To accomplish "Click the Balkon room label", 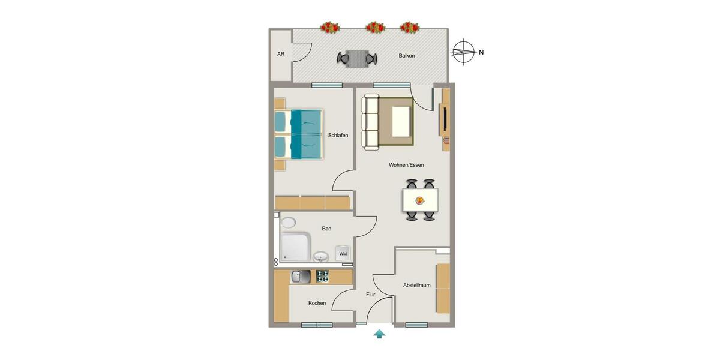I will (x=406, y=56).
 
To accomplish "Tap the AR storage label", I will (x=280, y=54).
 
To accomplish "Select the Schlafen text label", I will (x=338, y=136).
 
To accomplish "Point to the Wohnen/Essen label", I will (x=406, y=165).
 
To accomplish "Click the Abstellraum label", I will (x=416, y=286).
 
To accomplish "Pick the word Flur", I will (x=371, y=295).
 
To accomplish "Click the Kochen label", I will (x=317, y=303).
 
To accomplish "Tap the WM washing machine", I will (x=343, y=253).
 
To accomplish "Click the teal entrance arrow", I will (x=379, y=334).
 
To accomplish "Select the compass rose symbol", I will (x=463, y=52).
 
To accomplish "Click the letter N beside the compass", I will (x=481, y=52).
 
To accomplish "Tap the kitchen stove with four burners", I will (x=322, y=277).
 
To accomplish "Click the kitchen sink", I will (x=300, y=277).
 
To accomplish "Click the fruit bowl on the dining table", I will (x=420, y=200).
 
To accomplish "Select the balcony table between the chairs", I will (x=357, y=58).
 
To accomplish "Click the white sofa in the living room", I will (x=371, y=122).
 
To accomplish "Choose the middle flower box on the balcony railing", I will (x=375, y=27).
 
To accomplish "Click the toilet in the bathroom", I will (x=288, y=223).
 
